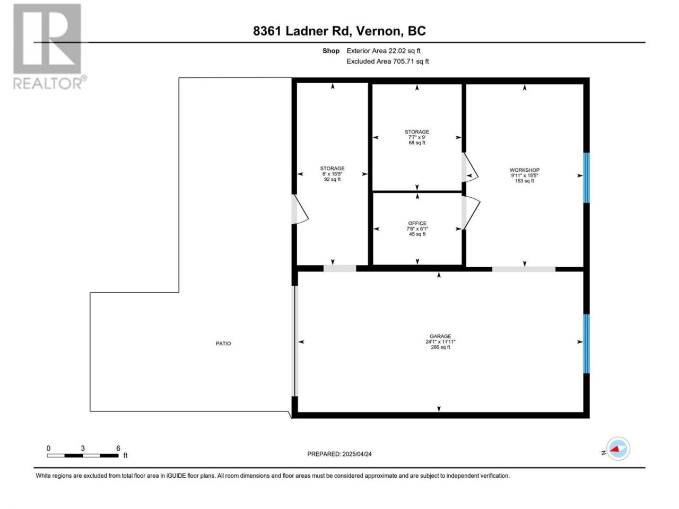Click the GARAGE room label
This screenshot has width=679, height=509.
click(440, 336)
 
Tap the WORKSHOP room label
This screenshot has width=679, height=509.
click(524, 170)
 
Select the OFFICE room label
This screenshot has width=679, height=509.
click(417, 223)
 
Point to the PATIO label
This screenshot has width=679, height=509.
click(223, 344)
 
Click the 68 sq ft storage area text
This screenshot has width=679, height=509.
click(416, 143)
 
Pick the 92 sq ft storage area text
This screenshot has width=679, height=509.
click(332, 179)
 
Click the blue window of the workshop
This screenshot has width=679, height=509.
click(586, 178)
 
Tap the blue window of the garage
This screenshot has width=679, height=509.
click(586, 344)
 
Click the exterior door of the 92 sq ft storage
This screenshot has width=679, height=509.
click(299, 209)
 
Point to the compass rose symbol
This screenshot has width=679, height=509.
click(618, 449)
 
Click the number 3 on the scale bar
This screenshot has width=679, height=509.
click(83, 448)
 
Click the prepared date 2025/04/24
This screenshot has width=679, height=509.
click(356, 454)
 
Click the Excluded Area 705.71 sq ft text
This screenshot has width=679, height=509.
click(387, 61)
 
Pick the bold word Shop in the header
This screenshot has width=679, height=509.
click(330, 51)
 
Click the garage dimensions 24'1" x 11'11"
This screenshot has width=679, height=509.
click(440, 341)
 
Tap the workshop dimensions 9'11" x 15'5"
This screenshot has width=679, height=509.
click(524, 175)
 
